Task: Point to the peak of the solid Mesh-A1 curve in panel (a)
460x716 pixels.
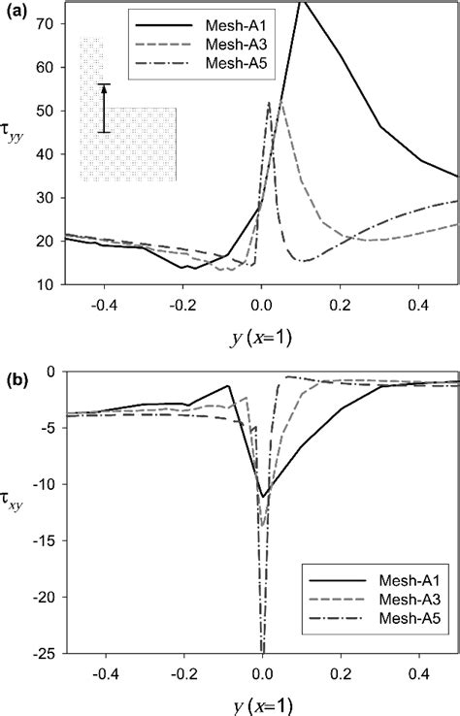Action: coord(302,3)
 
